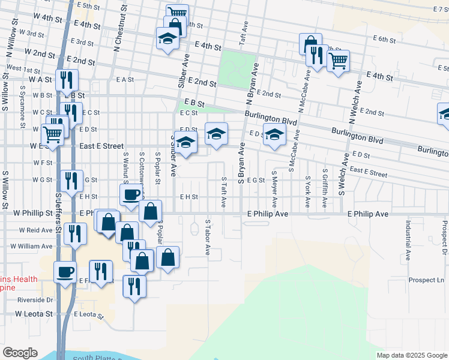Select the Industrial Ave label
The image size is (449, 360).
click(x=408, y=241)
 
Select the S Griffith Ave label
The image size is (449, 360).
click(x=325, y=189)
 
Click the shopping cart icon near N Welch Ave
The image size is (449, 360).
click(x=338, y=61)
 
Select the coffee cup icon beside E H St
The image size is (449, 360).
click(x=131, y=194)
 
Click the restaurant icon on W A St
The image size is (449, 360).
click(x=67, y=80)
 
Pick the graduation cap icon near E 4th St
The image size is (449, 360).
click(x=167, y=38)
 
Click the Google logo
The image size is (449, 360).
click(x=20, y=353)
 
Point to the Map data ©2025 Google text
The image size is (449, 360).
click(x=411, y=355)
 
